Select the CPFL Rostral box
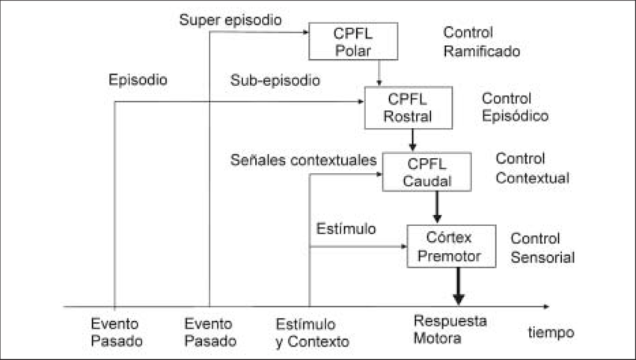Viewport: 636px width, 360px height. [408, 107]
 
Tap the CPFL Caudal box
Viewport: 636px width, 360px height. [426, 171]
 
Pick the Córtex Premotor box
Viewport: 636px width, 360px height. [451, 245]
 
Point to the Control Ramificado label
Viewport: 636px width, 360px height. [481, 42]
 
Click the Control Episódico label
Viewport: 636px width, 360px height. [515, 107]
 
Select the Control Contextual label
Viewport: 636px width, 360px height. [532, 168]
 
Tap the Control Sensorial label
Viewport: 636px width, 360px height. [542, 248]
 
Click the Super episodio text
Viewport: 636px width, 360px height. [230, 20]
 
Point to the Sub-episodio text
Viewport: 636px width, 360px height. [275, 80]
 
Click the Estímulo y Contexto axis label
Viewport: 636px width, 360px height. [312, 333]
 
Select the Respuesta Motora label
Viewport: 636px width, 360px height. [450, 329]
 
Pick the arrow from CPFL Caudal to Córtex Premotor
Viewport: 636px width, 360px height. [437, 207]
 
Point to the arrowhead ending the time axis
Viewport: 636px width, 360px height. [545, 306]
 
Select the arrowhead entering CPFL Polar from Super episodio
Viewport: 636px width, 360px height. [305, 31]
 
